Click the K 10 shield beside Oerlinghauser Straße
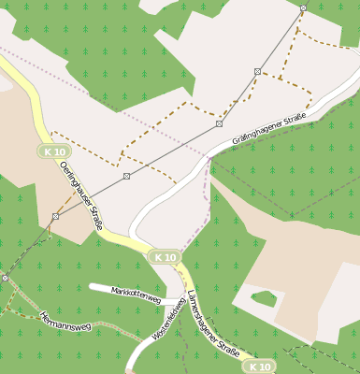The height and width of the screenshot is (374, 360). point(54,151)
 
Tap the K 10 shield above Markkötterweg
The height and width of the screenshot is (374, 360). point(166,256)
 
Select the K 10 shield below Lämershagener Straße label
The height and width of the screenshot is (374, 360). point(260,367)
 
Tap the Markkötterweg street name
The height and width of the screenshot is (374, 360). point(137,295)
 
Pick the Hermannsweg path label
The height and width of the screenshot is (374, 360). point(65,323)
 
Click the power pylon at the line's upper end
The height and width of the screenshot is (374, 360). point(303,7)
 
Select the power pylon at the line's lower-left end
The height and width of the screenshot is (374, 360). point(5,278)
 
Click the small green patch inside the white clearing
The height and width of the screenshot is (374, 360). point(264,299)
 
